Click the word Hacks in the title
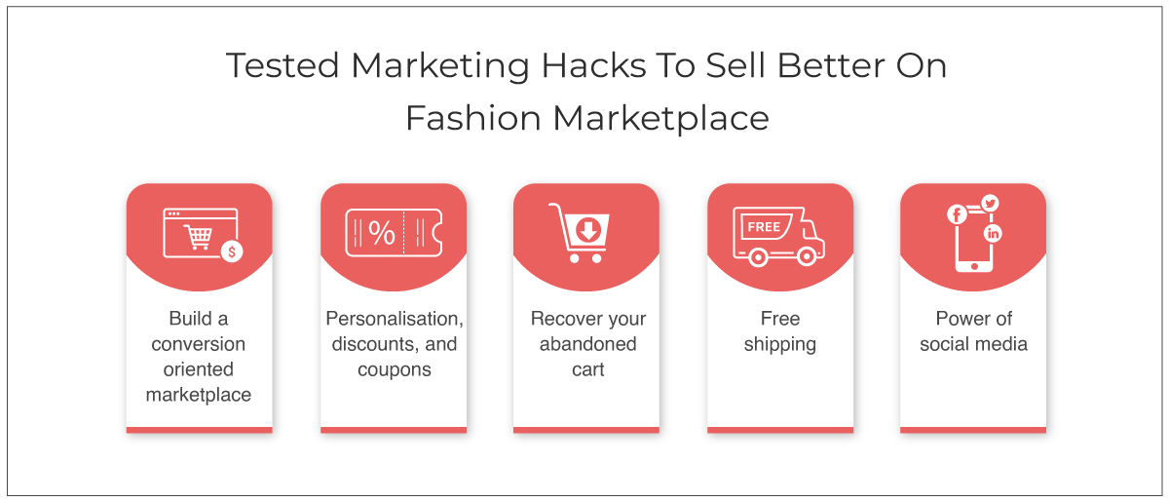tap(593, 66)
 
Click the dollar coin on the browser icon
tap(232, 251)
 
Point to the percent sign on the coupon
tap(382, 233)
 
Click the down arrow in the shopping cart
tap(588, 230)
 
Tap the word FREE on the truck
tap(764, 227)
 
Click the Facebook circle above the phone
tap(957, 214)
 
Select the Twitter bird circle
tap(990, 203)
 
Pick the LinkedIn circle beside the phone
tap(993, 234)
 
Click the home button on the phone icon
tap(974, 266)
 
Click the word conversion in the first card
tap(199, 344)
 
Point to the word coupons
tap(395, 370)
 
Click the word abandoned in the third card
tap(588, 344)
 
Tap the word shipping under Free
tap(780, 345)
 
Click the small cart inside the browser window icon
tap(199, 237)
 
